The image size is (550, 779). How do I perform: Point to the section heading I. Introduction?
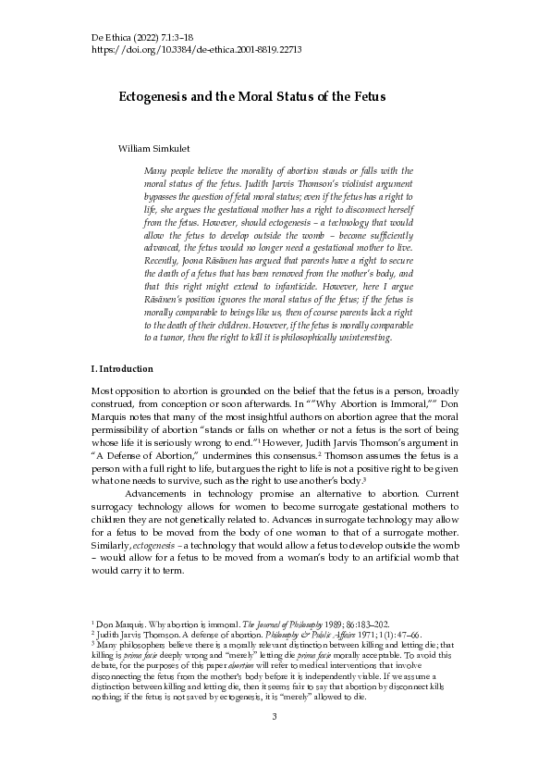[122, 369]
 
